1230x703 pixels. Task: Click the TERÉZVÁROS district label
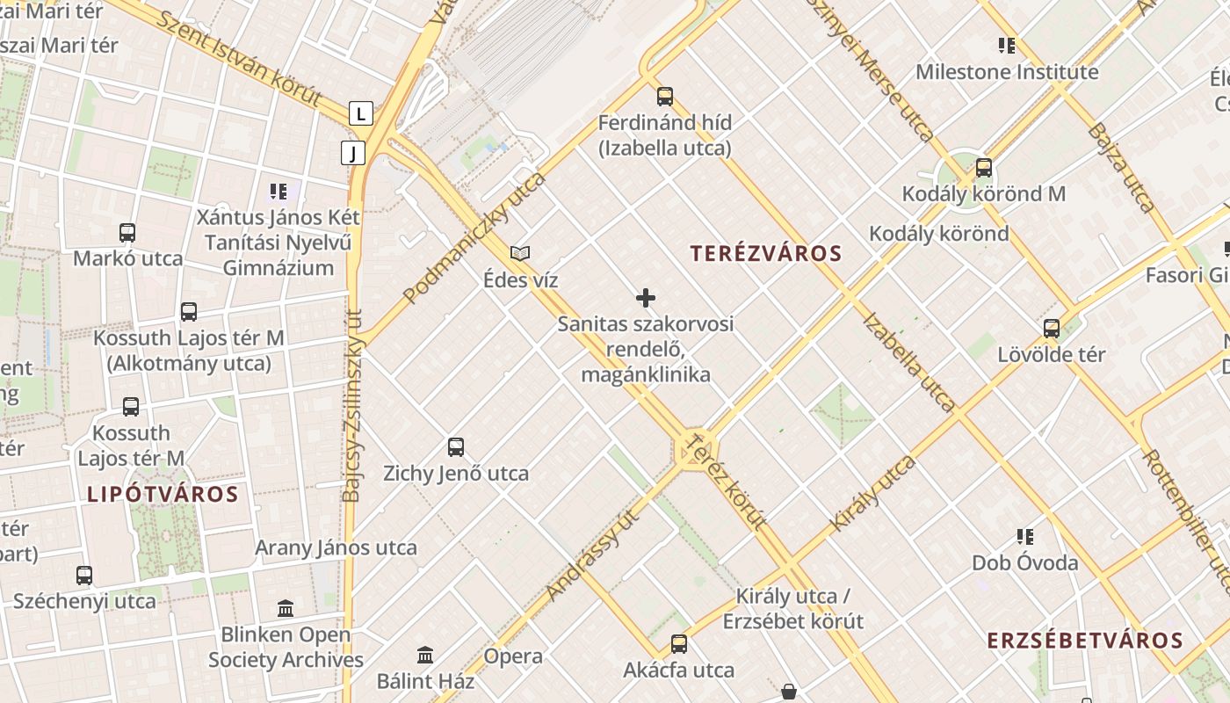[x=766, y=254]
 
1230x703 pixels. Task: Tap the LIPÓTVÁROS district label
[x=163, y=494]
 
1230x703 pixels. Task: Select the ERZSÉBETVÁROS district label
[x=1085, y=640]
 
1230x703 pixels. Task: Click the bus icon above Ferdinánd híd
[x=665, y=97]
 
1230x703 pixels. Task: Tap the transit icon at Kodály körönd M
[x=984, y=168]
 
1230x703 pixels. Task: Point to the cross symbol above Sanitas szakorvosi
[x=646, y=298]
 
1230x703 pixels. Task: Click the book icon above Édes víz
[x=520, y=254]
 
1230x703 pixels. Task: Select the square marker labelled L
[x=360, y=113]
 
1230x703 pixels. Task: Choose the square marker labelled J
[x=353, y=154]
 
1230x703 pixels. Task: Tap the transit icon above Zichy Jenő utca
[x=456, y=447]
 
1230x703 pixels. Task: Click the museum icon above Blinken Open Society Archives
[x=286, y=608]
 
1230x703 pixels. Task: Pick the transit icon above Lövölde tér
[x=1052, y=329]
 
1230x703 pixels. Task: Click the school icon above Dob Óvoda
[x=1024, y=536]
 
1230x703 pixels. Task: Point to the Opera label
[x=513, y=656]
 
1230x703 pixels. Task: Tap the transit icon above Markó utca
[x=127, y=233]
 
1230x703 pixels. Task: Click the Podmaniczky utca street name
[x=474, y=238]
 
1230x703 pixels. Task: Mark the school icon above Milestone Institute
[x=1007, y=46]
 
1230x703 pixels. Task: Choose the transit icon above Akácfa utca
[x=679, y=644]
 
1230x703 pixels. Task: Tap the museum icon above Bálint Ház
[x=426, y=655]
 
